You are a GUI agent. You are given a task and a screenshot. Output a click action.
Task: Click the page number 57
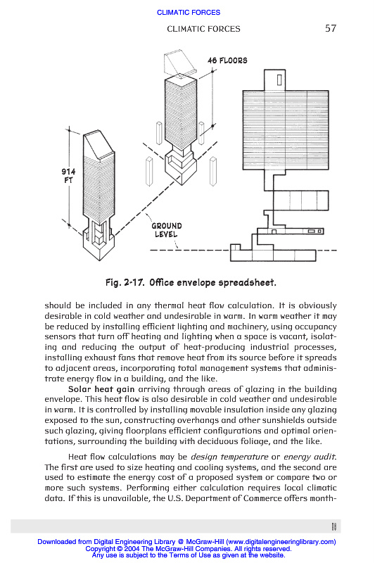[x=331, y=28]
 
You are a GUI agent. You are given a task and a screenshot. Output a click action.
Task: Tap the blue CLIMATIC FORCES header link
[x=189, y=12]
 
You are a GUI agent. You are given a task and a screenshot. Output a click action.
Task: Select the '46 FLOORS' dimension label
[x=227, y=61]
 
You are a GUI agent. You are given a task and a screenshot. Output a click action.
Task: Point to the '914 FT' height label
[x=68, y=176]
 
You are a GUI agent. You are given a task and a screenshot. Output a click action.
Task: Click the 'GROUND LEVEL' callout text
[x=167, y=230]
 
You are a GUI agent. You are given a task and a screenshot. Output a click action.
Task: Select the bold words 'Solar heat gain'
[x=101, y=389]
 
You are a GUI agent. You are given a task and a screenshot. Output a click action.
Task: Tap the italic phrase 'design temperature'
[x=229, y=457]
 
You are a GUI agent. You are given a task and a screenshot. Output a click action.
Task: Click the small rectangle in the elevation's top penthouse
[x=279, y=80]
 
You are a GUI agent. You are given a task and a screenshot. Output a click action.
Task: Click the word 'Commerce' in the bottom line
[x=262, y=498]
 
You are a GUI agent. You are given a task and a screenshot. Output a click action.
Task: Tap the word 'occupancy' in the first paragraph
[x=316, y=327]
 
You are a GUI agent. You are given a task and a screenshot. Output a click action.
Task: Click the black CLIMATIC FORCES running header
[x=203, y=29]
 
